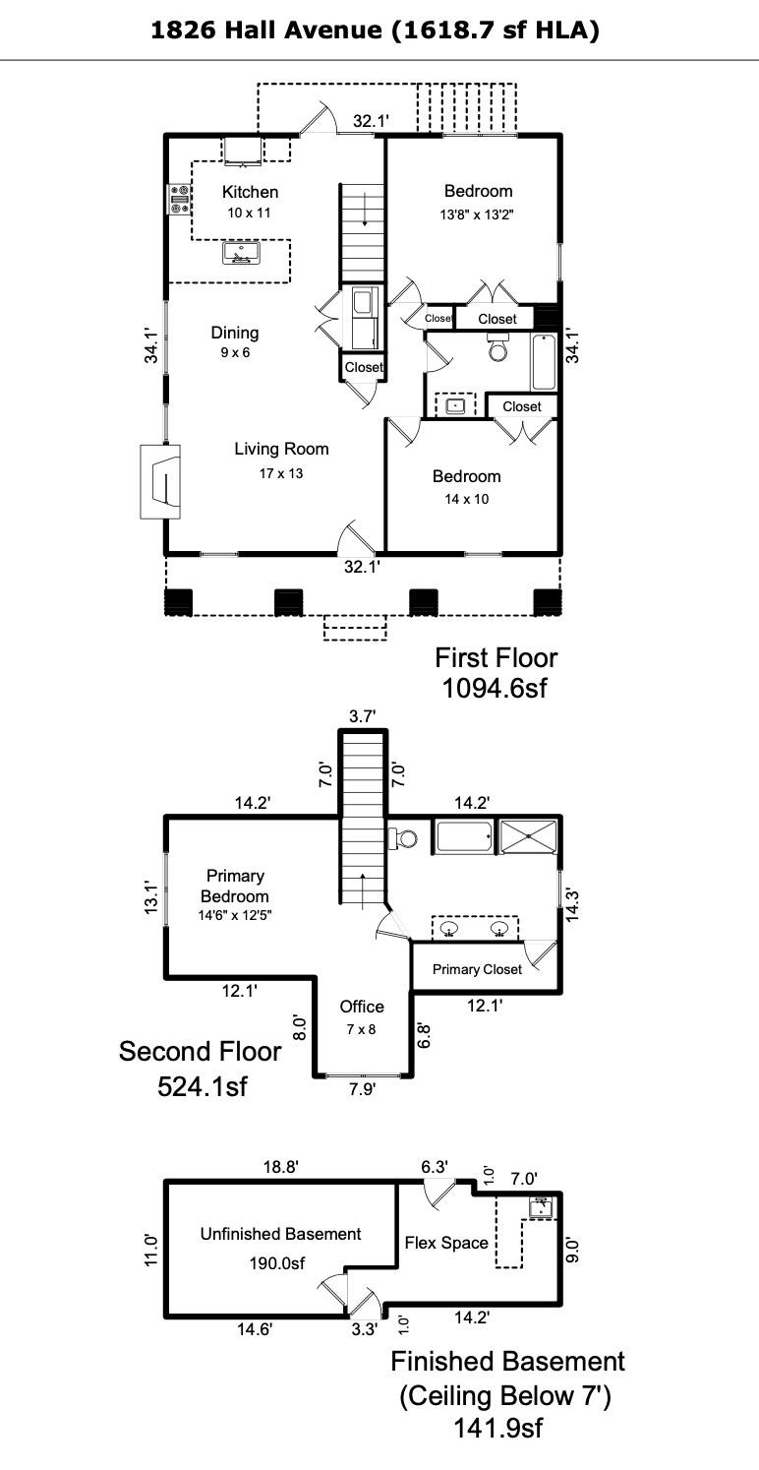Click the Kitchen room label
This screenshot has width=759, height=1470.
tap(250, 192)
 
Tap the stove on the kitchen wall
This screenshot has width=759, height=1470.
tap(178, 198)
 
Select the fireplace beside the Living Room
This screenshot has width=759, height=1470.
tap(160, 482)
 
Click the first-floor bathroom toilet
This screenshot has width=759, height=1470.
tap(498, 345)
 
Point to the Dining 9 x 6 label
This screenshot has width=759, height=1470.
tap(235, 341)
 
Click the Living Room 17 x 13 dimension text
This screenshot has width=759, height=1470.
tap(281, 473)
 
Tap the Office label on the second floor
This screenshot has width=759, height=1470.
tap(362, 1006)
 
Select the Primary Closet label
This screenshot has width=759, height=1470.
tap(477, 969)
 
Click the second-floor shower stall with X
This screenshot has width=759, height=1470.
tap(528, 836)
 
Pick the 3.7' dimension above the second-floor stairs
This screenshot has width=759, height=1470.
tap(362, 716)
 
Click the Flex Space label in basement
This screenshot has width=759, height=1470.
tap(446, 1243)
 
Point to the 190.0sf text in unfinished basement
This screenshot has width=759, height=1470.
tap(277, 1262)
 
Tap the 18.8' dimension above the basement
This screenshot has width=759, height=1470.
tap(281, 1166)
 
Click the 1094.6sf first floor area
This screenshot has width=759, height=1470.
tap(494, 688)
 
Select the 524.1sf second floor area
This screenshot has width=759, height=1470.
tap(203, 1086)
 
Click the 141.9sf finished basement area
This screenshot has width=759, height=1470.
tap(498, 1428)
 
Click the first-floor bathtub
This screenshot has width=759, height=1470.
tap(544, 362)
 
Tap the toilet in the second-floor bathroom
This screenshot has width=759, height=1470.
tap(403, 838)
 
